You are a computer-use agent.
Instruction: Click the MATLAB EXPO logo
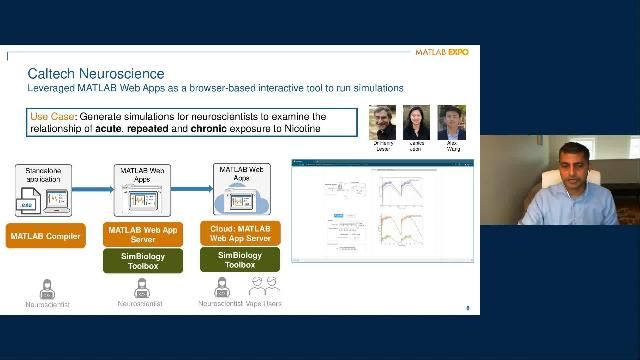click(441, 52)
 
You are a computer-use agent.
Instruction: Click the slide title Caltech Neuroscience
click(95, 74)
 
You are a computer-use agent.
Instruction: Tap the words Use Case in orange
click(51, 117)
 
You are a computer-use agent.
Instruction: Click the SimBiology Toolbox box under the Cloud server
click(241, 261)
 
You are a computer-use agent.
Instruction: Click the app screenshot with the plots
click(382, 210)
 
